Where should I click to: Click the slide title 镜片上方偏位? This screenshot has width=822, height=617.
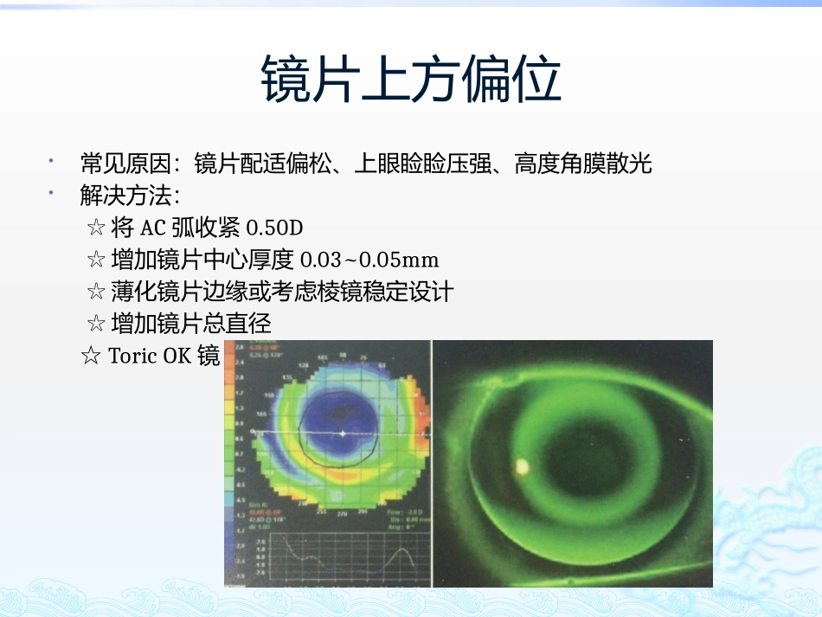(411, 80)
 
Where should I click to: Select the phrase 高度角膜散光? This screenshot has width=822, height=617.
(582, 163)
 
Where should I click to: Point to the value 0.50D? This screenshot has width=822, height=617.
(275, 228)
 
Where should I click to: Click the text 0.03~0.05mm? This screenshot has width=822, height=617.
(369, 260)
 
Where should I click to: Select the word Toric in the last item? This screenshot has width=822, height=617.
(130, 356)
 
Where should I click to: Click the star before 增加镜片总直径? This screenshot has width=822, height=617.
(96, 325)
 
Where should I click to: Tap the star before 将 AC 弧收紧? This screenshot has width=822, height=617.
(96, 228)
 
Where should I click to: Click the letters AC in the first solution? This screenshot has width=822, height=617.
(152, 228)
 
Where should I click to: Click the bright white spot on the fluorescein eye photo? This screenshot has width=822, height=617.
(523, 466)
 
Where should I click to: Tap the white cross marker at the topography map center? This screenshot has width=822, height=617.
(344, 432)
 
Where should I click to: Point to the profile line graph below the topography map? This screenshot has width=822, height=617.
(346, 554)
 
